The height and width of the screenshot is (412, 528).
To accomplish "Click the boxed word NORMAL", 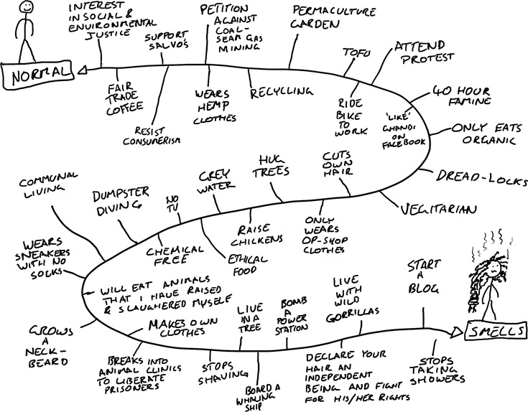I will pos(37,73).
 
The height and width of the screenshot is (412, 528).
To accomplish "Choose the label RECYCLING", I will pos(282,93).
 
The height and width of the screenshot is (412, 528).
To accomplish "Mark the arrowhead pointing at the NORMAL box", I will pos(81,70).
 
